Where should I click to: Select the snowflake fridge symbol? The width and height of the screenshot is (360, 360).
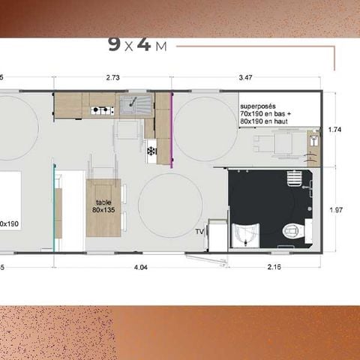151,151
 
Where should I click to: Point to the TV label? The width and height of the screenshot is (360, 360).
199,232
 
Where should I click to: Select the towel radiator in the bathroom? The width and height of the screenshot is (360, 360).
295,178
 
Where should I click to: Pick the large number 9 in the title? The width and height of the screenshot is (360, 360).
114,43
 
